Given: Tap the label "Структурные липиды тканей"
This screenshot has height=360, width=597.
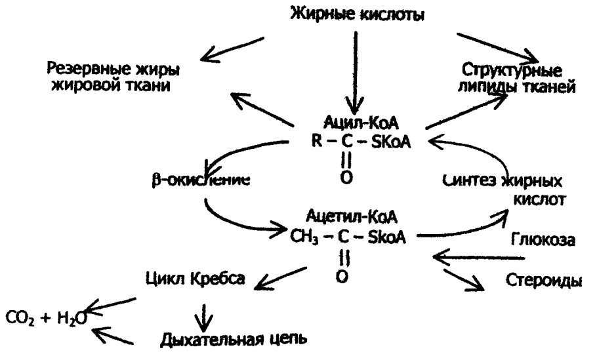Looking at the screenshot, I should [518, 77].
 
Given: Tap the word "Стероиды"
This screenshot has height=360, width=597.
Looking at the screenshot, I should [543, 281].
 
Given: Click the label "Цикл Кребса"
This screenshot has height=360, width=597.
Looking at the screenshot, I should [195, 279].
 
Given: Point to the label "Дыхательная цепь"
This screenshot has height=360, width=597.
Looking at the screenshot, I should [232, 340].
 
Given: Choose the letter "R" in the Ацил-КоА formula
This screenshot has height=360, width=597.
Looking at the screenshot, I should [316, 142].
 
